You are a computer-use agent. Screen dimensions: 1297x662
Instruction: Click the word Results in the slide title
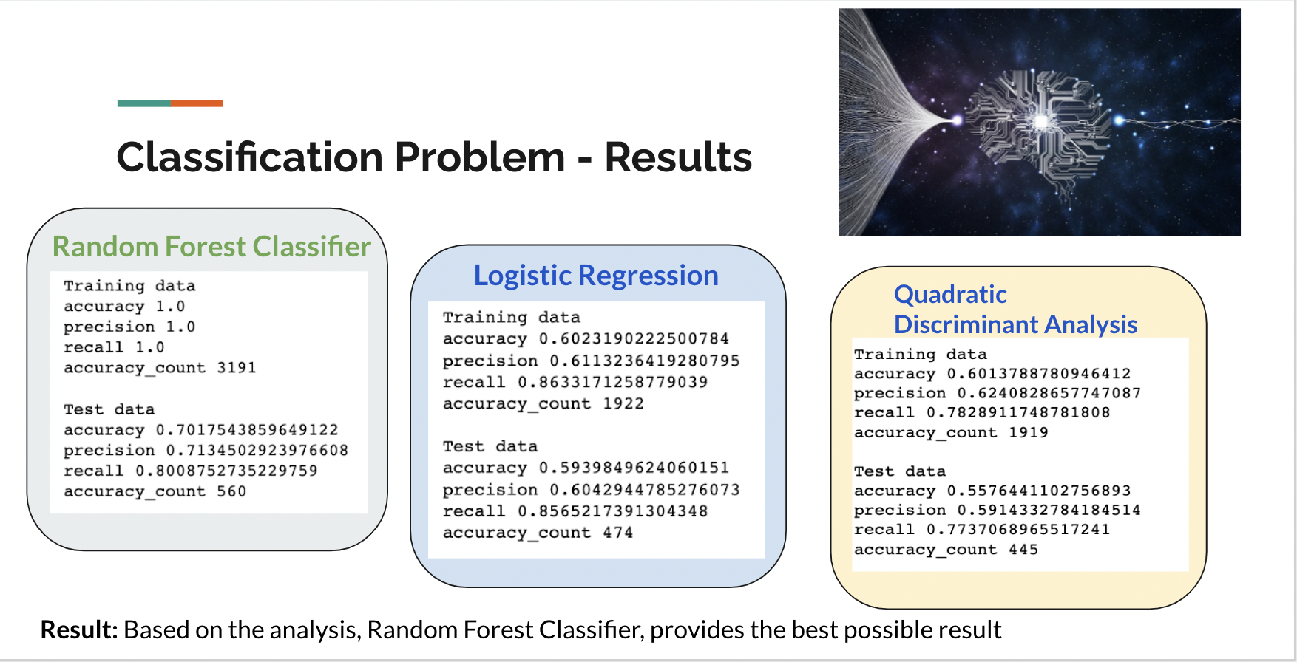[x=678, y=157]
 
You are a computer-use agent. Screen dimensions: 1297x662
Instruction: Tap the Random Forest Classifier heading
[x=211, y=247]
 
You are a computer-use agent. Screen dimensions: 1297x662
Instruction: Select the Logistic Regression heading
[x=596, y=276]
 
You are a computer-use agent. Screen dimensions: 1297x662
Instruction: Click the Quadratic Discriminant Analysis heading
[x=1015, y=310]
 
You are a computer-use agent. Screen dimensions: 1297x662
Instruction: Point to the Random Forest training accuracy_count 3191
[x=237, y=368]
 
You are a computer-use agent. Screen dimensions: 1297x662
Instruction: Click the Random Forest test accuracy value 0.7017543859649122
[x=247, y=430]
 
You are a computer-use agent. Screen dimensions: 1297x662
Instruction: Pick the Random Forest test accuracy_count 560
[x=231, y=491]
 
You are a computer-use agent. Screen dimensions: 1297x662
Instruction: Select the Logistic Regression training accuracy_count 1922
[x=623, y=403]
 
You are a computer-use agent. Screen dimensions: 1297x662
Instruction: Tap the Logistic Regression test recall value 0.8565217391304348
[x=613, y=511]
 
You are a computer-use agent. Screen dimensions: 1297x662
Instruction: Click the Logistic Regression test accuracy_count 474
[x=618, y=533]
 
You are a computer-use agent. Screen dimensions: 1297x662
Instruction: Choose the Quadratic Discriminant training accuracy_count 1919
[x=1029, y=432]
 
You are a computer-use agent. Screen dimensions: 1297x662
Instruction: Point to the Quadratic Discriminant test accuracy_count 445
[x=1023, y=550]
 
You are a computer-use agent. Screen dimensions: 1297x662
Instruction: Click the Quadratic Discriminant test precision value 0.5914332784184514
[x=1049, y=510]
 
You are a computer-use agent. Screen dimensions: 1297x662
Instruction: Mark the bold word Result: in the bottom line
[x=79, y=629]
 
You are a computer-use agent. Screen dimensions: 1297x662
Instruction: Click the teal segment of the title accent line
[x=144, y=103]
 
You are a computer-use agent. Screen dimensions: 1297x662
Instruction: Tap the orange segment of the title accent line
[x=197, y=103]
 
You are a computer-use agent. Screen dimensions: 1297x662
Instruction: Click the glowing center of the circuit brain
[x=1041, y=120]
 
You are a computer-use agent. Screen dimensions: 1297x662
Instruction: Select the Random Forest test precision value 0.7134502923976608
[x=257, y=451]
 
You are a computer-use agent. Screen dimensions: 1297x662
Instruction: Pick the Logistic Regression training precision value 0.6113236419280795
[x=645, y=361]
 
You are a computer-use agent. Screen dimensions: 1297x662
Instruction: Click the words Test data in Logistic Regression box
[x=490, y=446]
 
